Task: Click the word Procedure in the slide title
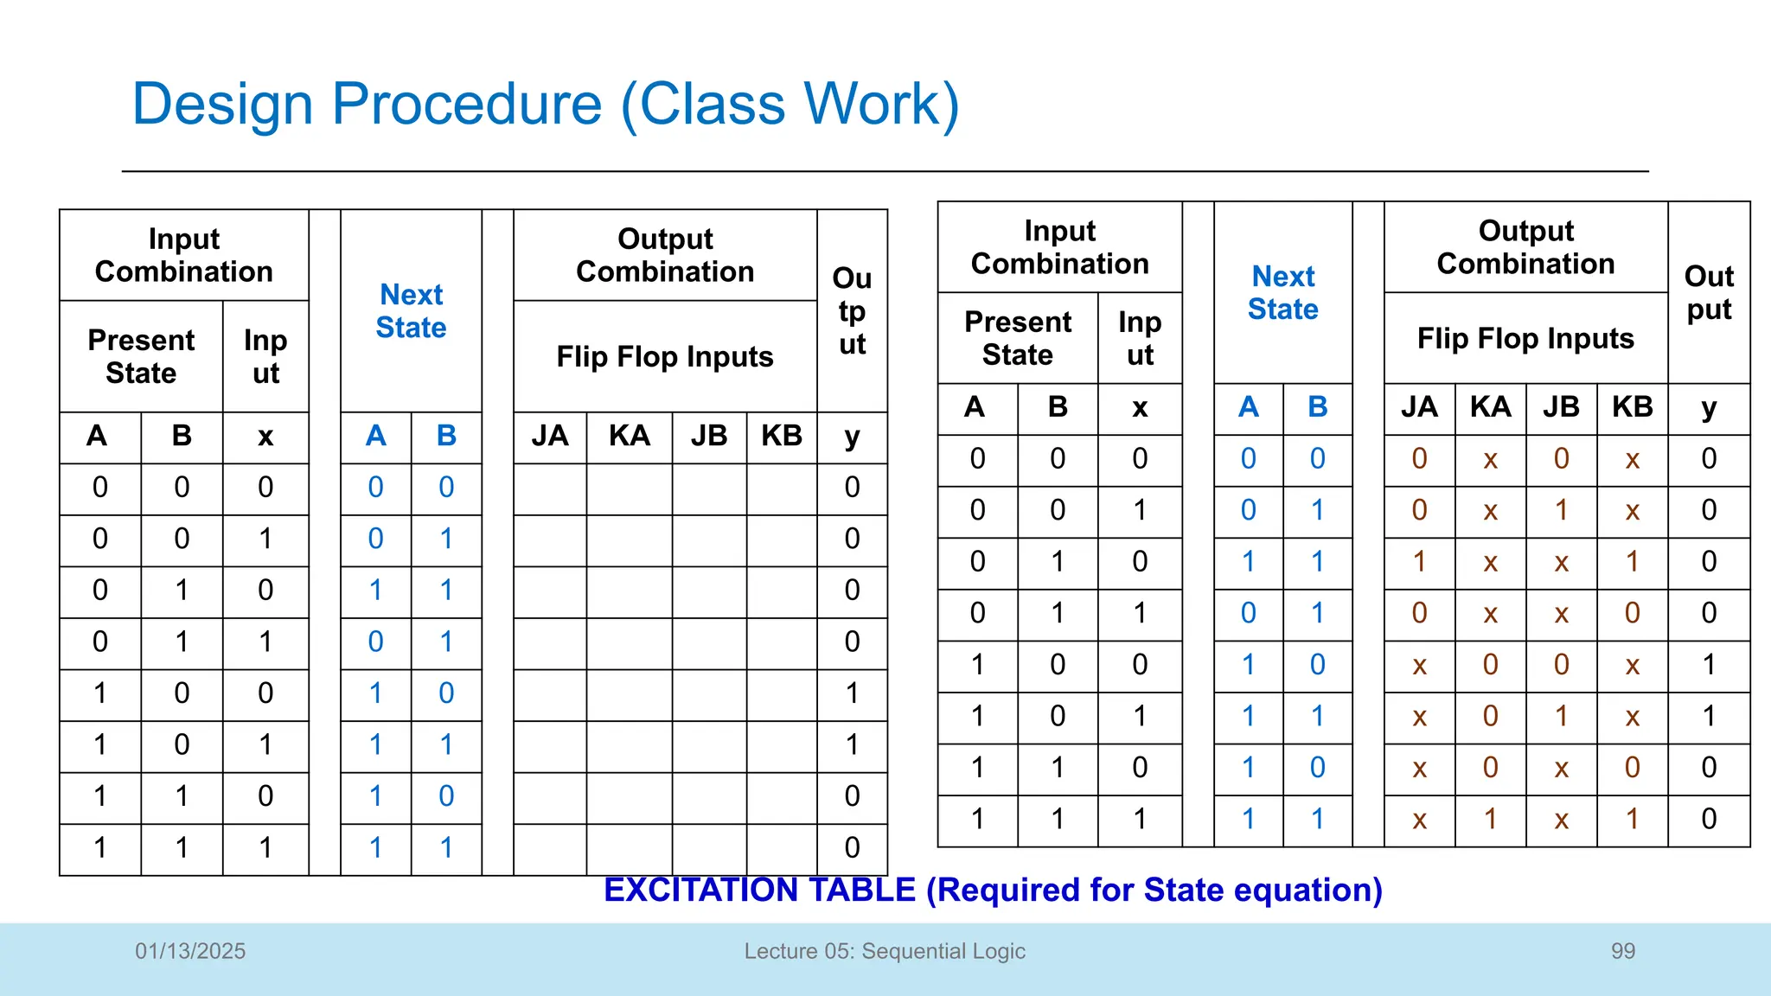tap(466, 105)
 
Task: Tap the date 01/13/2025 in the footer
tap(190, 951)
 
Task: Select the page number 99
tap(1623, 951)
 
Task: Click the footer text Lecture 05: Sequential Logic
tap(885, 951)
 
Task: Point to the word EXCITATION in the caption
tap(759, 890)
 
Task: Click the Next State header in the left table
tap(412, 311)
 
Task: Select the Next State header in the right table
tap(1283, 293)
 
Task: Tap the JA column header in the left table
tap(550, 436)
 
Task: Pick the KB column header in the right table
tap(1632, 407)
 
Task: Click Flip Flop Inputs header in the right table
tap(1525, 338)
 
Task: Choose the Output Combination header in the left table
tap(665, 255)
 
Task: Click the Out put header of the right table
tap(1709, 293)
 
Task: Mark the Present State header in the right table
tap(1018, 338)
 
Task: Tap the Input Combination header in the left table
tap(184, 255)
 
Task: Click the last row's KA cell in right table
tap(1490, 820)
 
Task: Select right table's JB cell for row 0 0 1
tap(1561, 510)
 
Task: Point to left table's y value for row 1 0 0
tap(852, 693)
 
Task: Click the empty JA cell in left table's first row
tap(550, 488)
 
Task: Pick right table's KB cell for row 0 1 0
tap(1632, 562)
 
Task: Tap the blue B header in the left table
tap(446, 436)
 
